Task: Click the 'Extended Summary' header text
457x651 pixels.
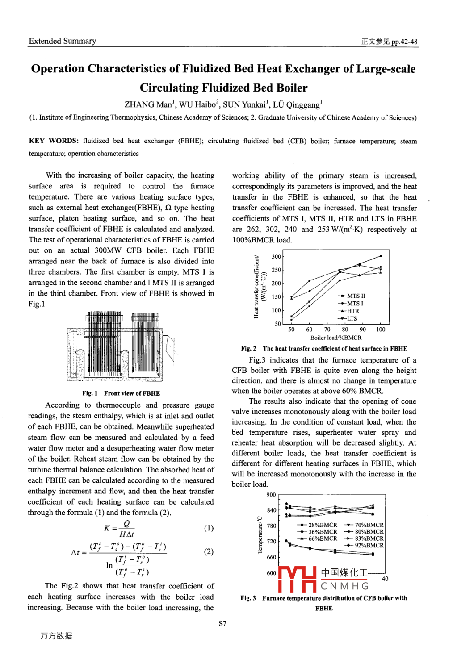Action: click(63, 41)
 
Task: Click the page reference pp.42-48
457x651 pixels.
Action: click(404, 42)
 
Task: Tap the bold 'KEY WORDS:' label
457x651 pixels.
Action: click(54, 141)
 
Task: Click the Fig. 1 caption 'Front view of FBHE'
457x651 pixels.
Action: click(132, 393)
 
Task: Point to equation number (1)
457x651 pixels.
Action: click(209, 528)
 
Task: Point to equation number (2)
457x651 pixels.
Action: click(209, 551)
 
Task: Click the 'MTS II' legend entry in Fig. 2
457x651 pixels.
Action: click(356, 296)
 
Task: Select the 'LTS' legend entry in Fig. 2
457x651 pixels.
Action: click(352, 318)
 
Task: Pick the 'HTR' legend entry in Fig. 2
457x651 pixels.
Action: click(353, 311)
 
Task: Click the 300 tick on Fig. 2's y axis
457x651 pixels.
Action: click(277, 256)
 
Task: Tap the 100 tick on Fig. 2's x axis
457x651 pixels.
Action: click(380, 330)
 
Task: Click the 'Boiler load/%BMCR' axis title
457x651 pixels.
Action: click(335, 338)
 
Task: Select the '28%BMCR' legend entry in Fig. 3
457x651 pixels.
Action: click(323, 525)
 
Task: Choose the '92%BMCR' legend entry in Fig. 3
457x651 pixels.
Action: click(369, 545)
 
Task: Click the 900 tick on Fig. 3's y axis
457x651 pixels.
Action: click(271, 495)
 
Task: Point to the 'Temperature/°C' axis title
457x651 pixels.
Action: click(260, 535)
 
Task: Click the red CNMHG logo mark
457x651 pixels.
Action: click(298, 579)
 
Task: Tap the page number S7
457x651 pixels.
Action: click(222, 623)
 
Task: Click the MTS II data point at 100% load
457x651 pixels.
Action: click(381, 256)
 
